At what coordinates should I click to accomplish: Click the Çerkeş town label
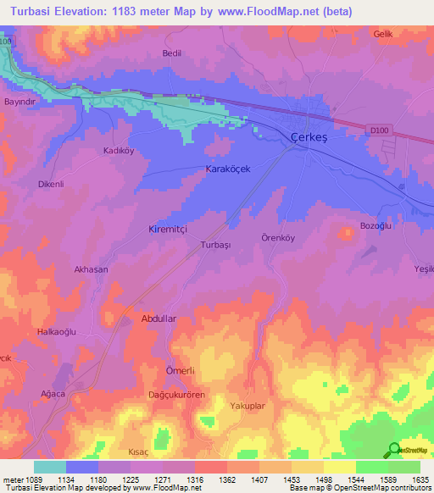click(x=309, y=137)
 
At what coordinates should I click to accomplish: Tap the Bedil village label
click(x=172, y=53)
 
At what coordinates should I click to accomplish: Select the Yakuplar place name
click(x=248, y=407)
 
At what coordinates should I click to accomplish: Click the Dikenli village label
click(x=51, y=184)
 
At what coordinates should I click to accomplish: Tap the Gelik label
click(x=383, y=33)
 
